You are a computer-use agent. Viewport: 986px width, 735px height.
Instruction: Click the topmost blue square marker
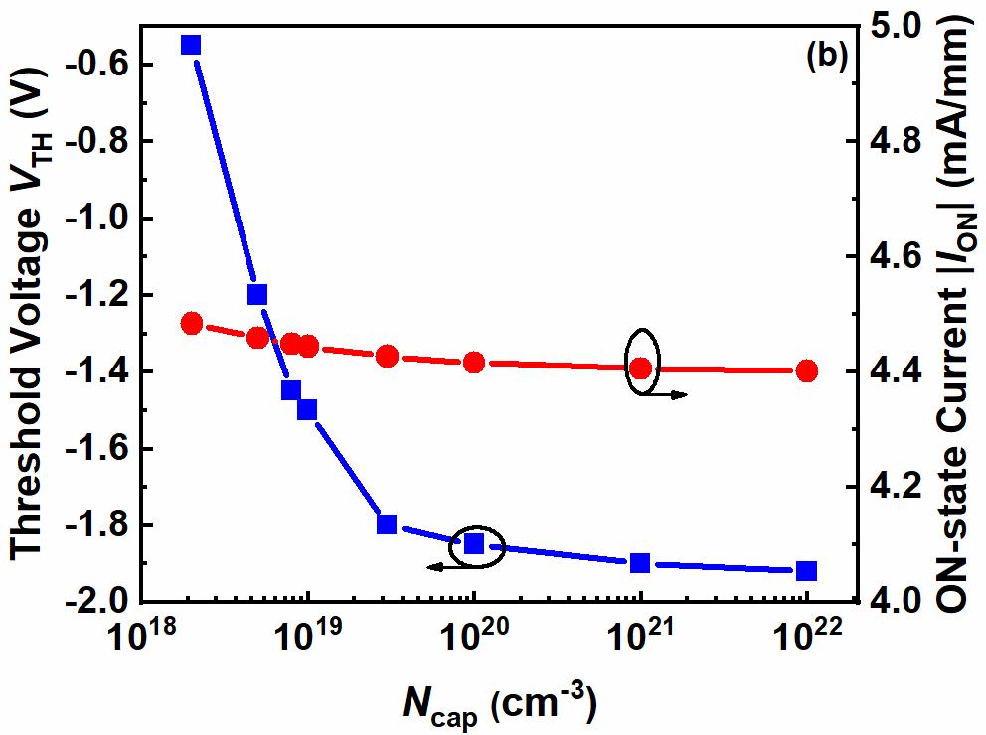[x=191, y=45]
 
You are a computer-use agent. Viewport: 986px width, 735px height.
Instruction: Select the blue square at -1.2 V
[x=257, y=294]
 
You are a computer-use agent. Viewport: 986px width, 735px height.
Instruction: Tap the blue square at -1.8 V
[x=387, y=523]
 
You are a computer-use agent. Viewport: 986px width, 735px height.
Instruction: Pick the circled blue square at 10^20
[x=474, y=543]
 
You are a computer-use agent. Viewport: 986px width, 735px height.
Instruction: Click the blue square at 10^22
[x=807, y=571]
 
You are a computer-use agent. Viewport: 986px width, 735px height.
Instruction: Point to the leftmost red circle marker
[x=192, y=323]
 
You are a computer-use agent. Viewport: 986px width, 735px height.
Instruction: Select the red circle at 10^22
[x=807, y=370]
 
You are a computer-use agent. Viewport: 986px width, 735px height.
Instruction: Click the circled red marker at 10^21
[x=641, y=367]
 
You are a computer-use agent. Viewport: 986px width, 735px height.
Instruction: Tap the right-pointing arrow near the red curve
[x=670, y=395]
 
